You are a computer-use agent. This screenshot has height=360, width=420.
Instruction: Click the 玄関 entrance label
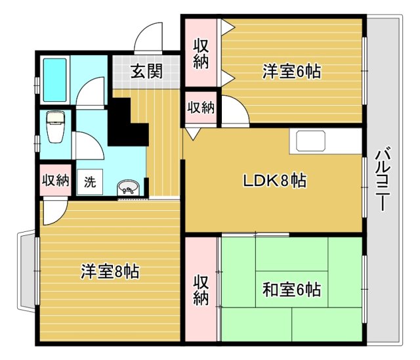(x=146, y=72)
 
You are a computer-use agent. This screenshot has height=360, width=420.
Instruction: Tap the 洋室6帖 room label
(x=291, y=72)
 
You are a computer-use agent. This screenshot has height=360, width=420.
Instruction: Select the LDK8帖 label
(x=274, y=181)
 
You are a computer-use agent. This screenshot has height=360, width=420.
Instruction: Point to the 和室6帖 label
(x=291, y=289)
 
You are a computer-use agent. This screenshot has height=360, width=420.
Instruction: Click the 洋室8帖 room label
(x=110, y=271)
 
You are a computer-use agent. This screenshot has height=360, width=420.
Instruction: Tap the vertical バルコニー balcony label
(x=383, y=179)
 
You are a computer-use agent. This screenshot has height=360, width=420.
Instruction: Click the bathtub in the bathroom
(x=54, y=80)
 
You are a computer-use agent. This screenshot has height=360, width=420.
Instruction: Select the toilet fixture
(x=55, y=127)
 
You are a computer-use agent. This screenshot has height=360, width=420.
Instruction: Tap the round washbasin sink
(x=128, y=187)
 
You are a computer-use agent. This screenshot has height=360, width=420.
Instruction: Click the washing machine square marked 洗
(x=90, y=182)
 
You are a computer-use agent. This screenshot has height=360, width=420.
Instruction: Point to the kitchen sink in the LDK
(x=310, y=141)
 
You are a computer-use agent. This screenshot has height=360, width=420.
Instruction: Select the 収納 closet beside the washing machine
(x=55, y=180)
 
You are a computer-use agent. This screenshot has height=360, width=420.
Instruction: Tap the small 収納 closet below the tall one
(x=201, y=108)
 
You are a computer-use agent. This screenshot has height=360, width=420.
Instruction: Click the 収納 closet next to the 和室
(x=201, y=290)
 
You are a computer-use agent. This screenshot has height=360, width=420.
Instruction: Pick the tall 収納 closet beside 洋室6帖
(x=201, y=53)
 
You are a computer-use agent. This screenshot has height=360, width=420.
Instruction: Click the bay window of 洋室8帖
(x=27, y=271)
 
